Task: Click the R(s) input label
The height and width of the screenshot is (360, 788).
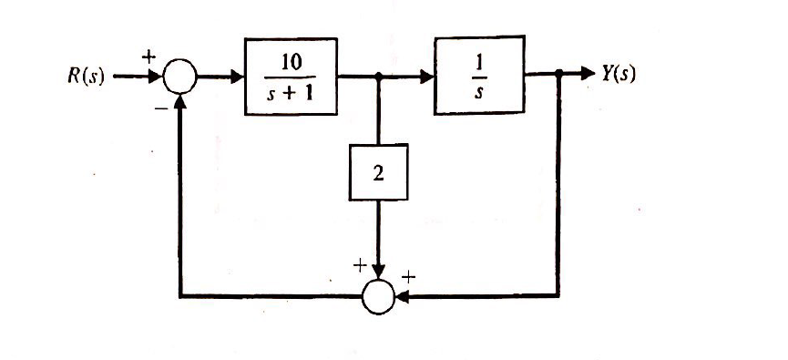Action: (87, 77)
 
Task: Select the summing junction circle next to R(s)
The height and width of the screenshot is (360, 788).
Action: (180, 78)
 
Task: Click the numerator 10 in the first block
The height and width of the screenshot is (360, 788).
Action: (291, 62)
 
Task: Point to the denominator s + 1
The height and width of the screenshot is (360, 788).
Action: (291, 92)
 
